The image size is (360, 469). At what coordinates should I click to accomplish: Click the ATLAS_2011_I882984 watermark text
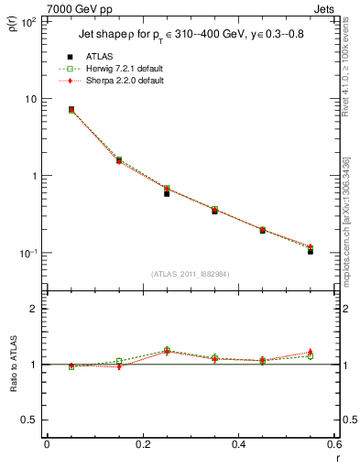coord(190,273)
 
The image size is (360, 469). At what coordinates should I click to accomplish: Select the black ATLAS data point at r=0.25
coord(167,193)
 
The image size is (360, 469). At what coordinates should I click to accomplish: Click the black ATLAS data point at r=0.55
coord(311,251)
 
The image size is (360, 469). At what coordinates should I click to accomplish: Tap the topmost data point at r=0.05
coord(71,109)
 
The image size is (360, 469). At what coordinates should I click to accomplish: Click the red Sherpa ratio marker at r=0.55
coord(311,352)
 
